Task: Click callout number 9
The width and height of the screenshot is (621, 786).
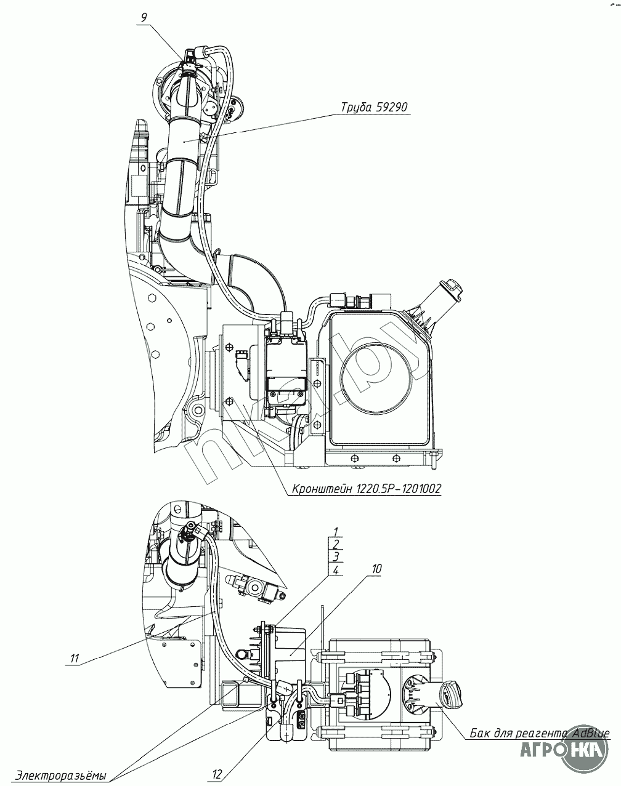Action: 144,18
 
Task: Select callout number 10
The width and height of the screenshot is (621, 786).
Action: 377,569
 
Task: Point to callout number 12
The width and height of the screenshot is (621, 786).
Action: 217,773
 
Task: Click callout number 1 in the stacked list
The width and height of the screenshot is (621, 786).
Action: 336,531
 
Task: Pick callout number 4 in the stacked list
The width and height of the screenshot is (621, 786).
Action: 336,570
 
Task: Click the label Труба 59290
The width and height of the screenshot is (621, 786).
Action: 374,107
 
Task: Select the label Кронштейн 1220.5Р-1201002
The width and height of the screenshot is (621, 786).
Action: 367,489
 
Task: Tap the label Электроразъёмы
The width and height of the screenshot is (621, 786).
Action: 61,776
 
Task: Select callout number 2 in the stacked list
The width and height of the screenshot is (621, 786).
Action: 336,544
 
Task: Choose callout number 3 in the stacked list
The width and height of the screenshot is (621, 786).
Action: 336,557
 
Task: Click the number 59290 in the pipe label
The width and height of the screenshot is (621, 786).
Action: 390,107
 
